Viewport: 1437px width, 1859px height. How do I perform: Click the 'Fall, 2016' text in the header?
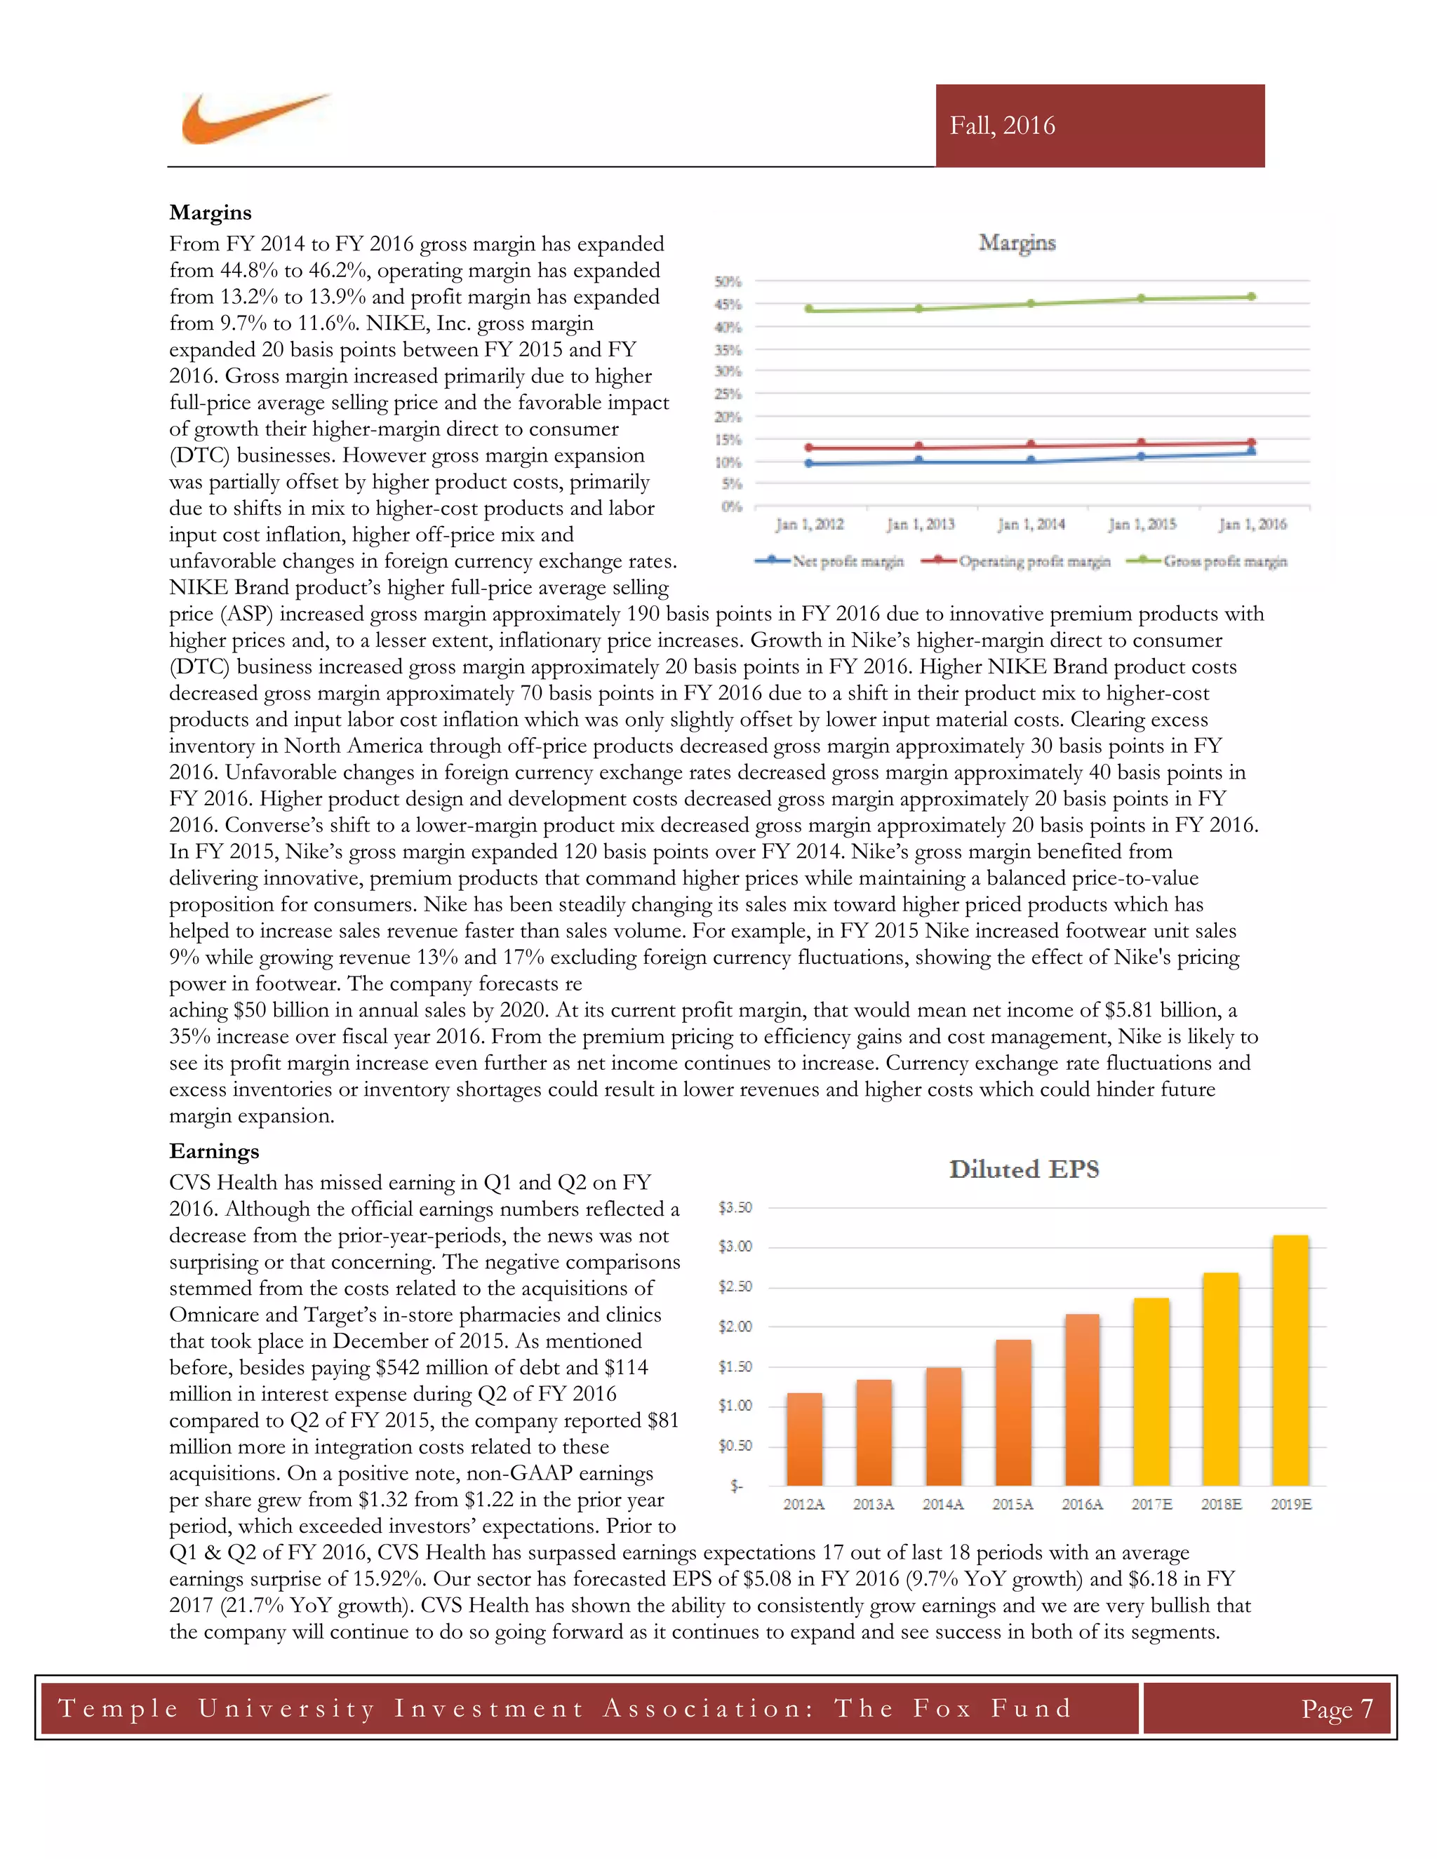[x=1002, y=126]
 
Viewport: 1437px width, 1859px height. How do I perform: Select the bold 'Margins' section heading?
[x=210, y=212]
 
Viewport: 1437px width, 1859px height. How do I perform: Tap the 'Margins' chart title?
[x=1017, y=243]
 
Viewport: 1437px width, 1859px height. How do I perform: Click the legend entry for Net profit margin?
[x=829, y=561]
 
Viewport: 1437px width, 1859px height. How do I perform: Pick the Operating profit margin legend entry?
[x=1017, y=561]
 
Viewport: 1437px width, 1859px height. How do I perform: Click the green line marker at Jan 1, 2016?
[x=1250, y=297]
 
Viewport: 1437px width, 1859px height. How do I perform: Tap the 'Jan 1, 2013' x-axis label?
[x=921, y=524]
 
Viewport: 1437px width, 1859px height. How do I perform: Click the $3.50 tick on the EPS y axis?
[x=735, y=1207]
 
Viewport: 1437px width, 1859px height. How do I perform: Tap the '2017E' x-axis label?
[x=1151, y=1504]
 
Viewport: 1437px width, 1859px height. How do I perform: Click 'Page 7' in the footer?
[x=1336, y=1708]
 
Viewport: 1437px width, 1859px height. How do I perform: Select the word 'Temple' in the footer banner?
[x=119, y=1708]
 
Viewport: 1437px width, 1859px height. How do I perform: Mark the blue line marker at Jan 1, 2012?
[x=809, y=464]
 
